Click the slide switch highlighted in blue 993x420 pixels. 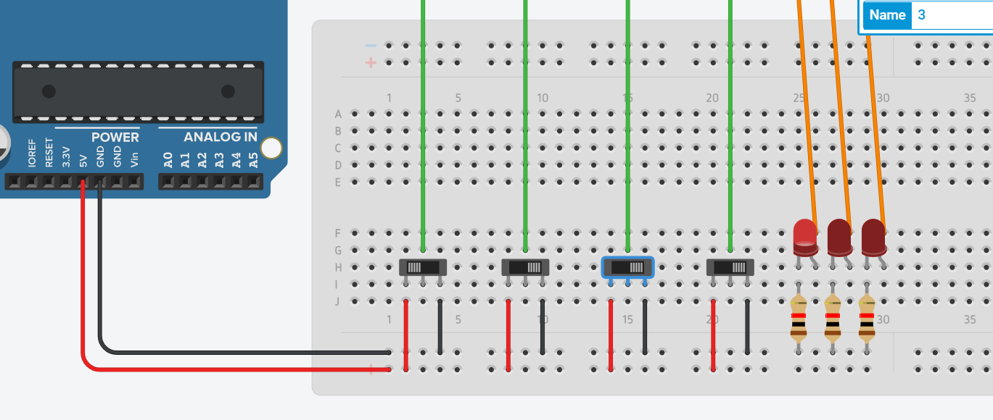coord(628,267)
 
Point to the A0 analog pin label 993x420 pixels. coord(168,159)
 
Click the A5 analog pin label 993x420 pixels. coord(253,159)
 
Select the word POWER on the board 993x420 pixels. coord(115,137)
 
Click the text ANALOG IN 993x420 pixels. coord(220,137)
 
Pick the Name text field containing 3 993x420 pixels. coord(950,14)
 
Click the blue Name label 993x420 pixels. coord(887,14)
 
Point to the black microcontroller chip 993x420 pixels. coord(138,92)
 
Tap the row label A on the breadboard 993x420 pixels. coord(337,114)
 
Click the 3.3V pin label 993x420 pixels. coord(66,156)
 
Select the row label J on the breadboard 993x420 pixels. coord(337,301)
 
